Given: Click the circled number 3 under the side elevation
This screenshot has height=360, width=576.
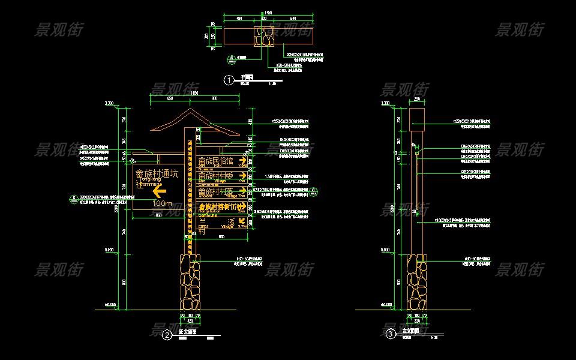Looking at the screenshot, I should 391,334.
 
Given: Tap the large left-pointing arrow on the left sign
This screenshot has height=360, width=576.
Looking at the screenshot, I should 158,191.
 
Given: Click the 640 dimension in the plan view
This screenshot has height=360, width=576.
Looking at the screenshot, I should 293,19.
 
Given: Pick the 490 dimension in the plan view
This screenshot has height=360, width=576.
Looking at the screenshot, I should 239,19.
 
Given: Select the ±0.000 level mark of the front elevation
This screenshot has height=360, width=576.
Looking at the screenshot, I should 110,305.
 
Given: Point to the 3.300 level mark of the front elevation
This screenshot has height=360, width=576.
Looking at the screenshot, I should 109,104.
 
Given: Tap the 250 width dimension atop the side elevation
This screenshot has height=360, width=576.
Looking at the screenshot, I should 417,100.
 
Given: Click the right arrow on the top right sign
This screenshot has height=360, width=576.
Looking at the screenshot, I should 242,161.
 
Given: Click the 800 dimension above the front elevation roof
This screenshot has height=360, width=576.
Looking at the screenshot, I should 214,98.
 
